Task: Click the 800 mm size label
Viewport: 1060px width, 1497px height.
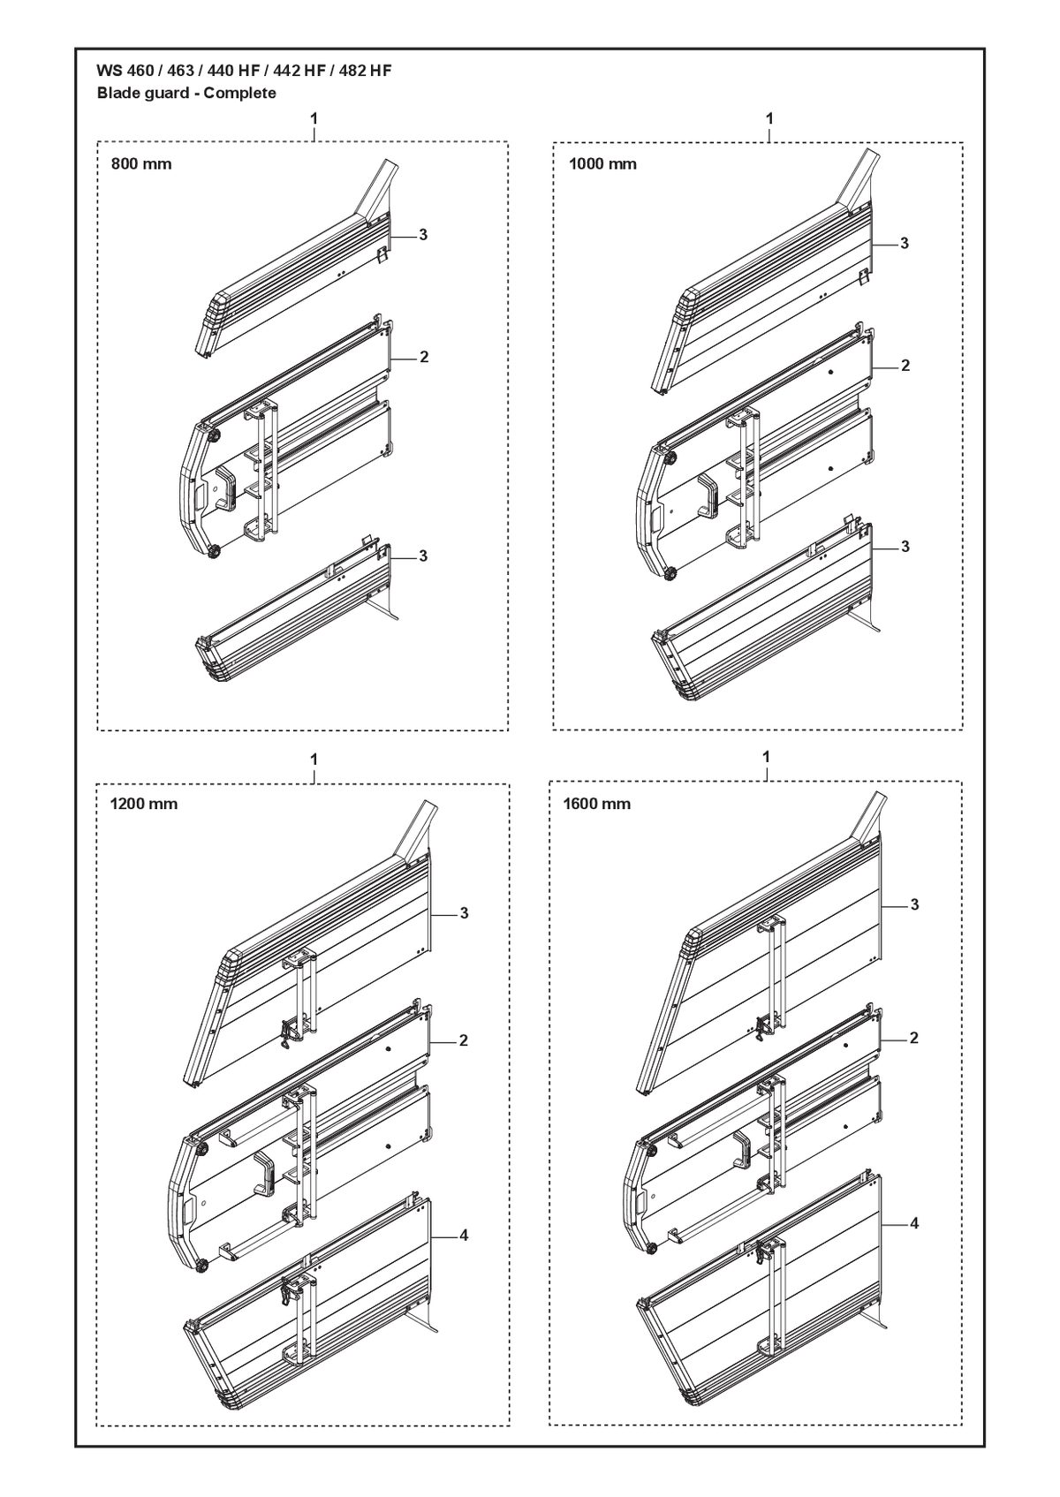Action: coord(141,163)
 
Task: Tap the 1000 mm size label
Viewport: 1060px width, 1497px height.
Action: coord(602,163)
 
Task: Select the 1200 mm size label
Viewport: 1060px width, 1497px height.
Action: coord(144,804)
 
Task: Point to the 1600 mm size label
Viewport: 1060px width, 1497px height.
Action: coord(597,804)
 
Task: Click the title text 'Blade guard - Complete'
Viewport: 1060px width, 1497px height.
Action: coord(186,93)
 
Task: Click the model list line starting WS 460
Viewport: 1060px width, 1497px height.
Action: coord(244,71)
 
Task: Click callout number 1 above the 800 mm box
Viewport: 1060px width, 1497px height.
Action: coord(314,118)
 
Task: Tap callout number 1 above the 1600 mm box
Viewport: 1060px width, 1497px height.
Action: coord(766,757)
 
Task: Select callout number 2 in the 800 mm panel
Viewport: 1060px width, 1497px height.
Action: coord(424,358)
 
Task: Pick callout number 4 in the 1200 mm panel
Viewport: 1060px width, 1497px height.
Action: coord(464,1236)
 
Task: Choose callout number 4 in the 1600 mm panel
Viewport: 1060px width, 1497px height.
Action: coord(914,1223)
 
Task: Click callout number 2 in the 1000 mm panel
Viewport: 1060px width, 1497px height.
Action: coord(905,366)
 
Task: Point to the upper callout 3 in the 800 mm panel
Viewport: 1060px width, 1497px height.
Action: coord(423,235)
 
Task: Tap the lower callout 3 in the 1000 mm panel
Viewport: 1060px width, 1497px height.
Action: coord(905,547)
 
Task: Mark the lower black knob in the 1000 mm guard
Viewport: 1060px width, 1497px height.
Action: coord(669,572)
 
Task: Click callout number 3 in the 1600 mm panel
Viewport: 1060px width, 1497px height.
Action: coord(914,905)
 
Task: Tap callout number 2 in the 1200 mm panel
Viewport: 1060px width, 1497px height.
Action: coord(464,1040)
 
